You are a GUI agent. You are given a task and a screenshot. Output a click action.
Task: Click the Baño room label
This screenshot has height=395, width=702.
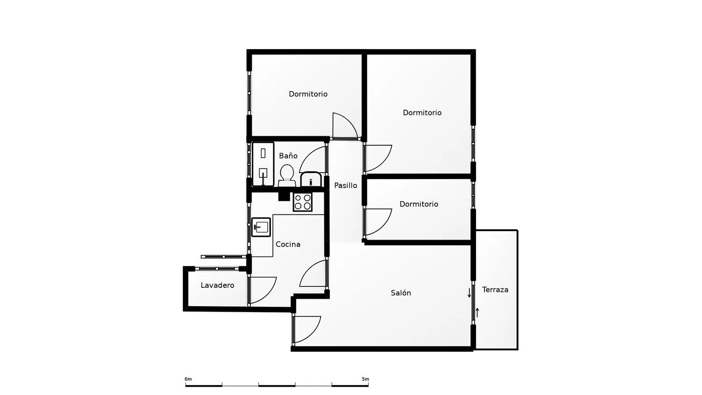tap(288, 155)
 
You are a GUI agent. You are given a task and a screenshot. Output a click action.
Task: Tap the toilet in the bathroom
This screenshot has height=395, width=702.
tap(287, 176)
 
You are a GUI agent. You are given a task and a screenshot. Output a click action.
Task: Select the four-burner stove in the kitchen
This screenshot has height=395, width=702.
tap(302, 202)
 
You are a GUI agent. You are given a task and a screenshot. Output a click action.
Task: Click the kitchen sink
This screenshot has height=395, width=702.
tap(261, 227)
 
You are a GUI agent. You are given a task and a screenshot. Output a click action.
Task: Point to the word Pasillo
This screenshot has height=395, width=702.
tap(345, 185)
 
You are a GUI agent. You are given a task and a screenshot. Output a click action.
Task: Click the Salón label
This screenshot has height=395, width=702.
tap(401, 293)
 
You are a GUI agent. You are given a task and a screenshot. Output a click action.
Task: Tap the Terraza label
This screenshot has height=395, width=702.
tap(495, 290)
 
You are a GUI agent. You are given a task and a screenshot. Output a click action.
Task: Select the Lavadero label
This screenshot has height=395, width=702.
tap(217, 285)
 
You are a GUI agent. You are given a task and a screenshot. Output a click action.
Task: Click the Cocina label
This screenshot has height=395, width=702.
tap(288, 244)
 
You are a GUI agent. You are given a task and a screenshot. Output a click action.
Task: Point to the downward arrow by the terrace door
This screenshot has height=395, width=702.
tap(469, 293)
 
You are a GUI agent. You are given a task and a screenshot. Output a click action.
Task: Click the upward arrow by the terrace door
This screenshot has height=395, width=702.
tap(477, 313)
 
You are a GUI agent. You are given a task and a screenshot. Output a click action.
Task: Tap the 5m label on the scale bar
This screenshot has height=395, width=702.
tap(366, 379)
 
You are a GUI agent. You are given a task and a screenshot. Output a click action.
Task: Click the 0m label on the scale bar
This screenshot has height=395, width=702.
tap(188, 379)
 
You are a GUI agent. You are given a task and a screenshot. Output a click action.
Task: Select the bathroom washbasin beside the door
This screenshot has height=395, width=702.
tap(311, 179)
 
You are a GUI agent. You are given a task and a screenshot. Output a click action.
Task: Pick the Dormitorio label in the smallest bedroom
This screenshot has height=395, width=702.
tap(419, 204)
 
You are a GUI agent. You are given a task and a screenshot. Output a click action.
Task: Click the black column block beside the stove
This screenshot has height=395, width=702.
tap(285, 196)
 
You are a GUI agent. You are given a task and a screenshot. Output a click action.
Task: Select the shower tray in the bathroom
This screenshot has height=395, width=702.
tap(263, 164)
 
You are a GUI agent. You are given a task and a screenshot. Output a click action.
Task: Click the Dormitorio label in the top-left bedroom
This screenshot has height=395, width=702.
tap(308, 94)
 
